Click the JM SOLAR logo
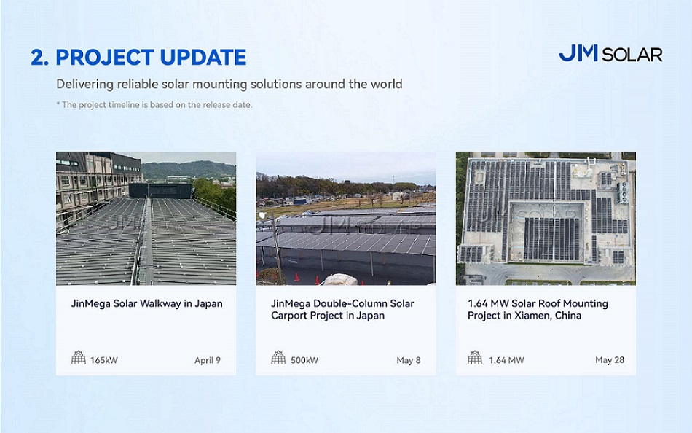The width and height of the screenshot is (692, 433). pos(610,53)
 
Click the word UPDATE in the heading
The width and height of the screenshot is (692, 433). pos(203,58)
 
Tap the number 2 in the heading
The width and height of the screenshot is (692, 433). pos(37,58)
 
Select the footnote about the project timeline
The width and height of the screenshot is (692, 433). pos(154,105)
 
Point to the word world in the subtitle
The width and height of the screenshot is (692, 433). pos(386,84)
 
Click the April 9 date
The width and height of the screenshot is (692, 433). pos(208,360)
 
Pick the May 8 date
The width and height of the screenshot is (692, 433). pos(409,360)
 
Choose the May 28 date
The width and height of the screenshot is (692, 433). pos(610,360)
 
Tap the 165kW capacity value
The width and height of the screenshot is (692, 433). pos(104,360)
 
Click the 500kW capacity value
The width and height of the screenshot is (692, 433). pos(304,360)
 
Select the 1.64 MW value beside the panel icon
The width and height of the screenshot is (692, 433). pos(507,360)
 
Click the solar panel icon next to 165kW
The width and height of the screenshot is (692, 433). pos(79,357)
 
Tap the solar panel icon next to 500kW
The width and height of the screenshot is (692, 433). pos(278,357)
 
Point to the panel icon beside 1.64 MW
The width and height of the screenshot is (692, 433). pos(475,357)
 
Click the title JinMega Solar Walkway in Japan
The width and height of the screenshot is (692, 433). pos(147,303)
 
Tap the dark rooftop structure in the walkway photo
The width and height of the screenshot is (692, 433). pos(161,190)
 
